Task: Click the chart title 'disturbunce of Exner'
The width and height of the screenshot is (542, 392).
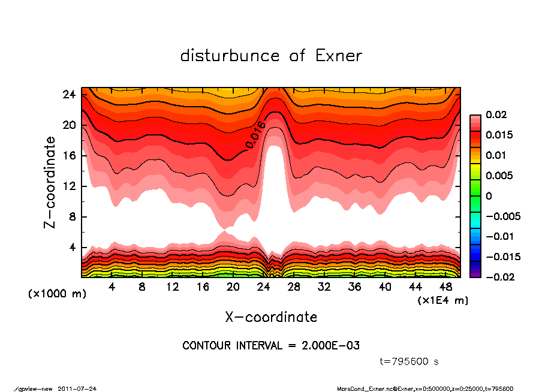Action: (271, 56)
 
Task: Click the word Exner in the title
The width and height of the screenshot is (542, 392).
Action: (338, 56)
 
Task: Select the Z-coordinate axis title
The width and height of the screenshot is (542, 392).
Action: (50, 182)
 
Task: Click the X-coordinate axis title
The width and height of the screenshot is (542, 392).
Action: (271, 316)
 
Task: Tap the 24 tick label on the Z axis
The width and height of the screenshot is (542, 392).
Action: (70, 95)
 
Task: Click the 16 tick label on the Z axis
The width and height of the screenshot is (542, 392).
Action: (70, 156)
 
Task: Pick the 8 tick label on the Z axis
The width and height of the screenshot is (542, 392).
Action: (73, 217)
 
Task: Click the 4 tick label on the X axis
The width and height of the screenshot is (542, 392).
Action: (112, 287)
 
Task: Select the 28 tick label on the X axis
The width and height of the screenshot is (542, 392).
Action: (293, 287)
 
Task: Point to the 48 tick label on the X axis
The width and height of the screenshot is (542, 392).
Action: (445, 287)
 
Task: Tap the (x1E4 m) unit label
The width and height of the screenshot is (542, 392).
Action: (443, 300)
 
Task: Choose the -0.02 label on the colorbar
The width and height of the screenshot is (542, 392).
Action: (497, 277)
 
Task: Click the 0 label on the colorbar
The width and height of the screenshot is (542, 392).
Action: (489, 196)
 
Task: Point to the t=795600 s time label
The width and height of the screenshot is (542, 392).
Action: (409, 361)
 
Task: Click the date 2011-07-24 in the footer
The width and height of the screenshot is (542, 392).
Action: (77, 388)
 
